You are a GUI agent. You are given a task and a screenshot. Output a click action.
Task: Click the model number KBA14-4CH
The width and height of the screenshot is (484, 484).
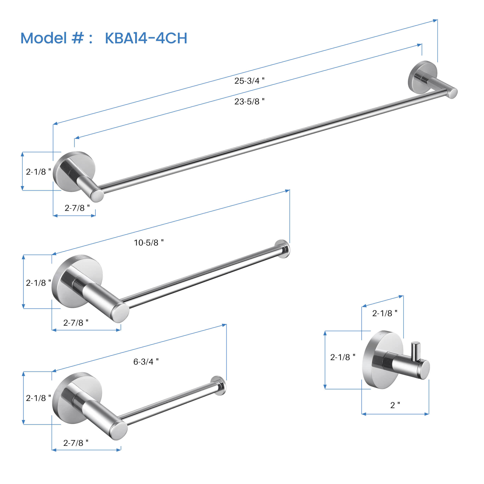pyautogui.click(x=146, y=38)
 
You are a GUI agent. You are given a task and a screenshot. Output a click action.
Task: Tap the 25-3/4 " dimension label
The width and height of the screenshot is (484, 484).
pyautogui.click(x=249, y=81)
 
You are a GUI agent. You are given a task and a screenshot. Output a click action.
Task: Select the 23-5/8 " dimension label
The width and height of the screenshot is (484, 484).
pyautogui.click(x=249, y=101)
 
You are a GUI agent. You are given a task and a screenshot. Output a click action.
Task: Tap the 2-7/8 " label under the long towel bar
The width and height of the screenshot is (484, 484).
pyautogui.click(x=77, y=208)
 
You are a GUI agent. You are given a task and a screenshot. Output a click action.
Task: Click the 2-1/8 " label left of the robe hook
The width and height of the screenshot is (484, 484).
pyautogui.click(x=342, y=357)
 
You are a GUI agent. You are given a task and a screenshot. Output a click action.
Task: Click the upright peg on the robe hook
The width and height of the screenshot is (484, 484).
pyautogui.click(x=416, y=352)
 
